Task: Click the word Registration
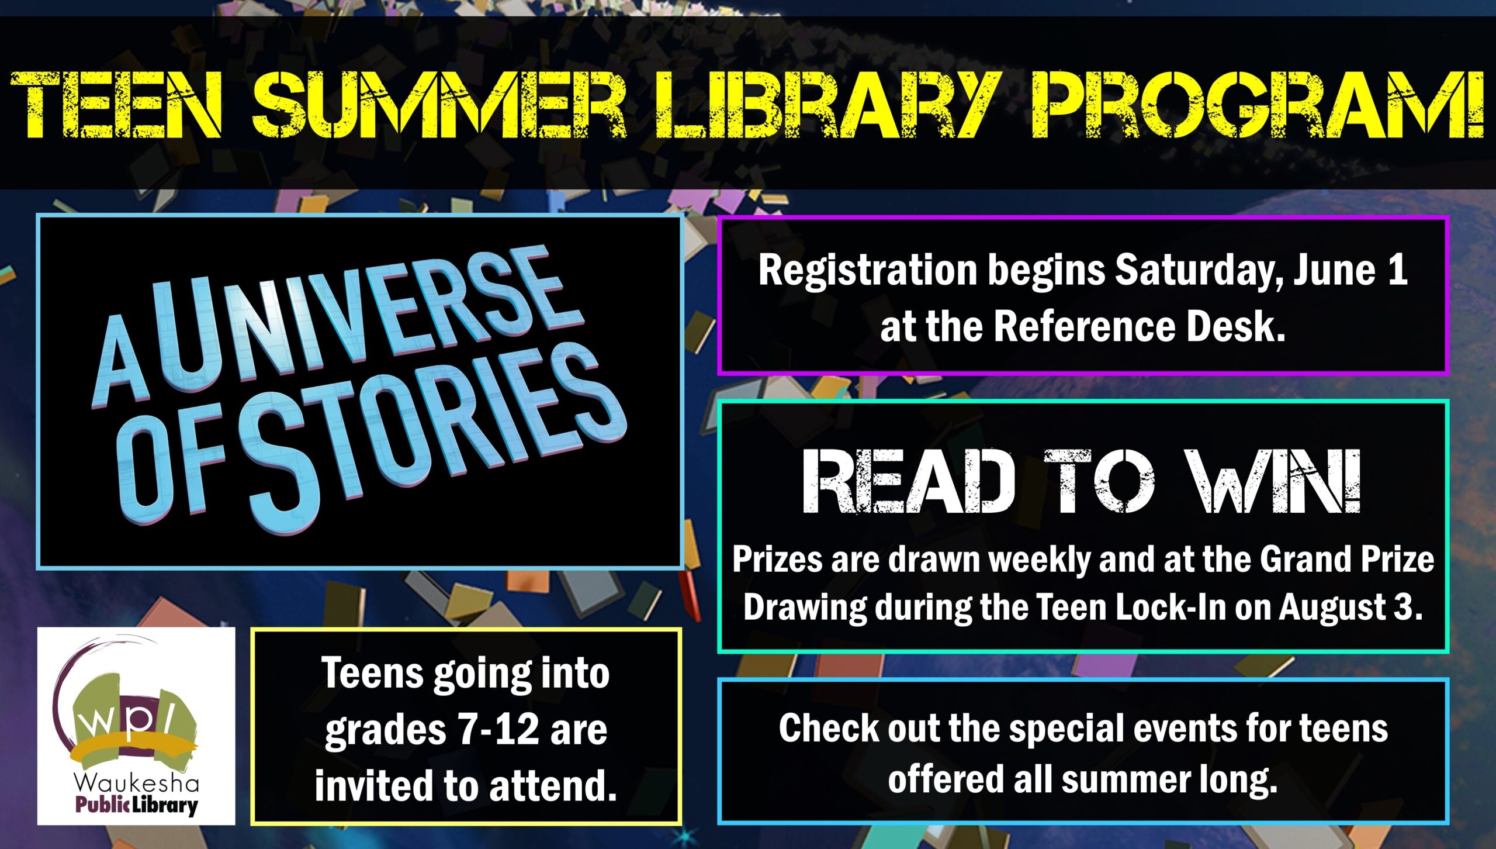(868, 271)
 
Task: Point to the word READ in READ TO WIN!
(909, 482)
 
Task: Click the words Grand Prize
(1347, 560)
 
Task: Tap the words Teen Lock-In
(1131, 608)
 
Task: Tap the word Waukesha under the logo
(136, 784)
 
